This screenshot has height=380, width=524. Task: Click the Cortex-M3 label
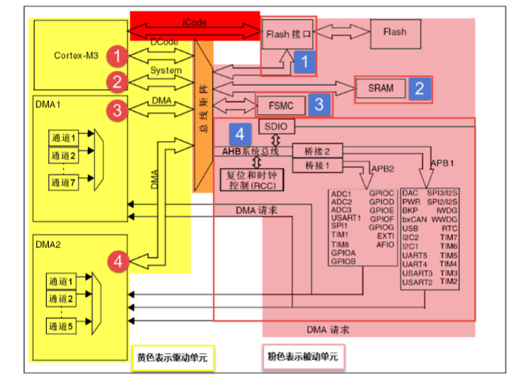point(77,55)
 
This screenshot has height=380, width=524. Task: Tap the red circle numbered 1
point(118,55)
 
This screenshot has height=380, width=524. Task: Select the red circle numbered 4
point(118,262)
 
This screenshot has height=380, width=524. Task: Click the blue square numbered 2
point(419,89)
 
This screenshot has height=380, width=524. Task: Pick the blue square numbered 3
point(319,105)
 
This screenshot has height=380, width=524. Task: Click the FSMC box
point(281,106)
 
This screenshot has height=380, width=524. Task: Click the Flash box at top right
point(394,32)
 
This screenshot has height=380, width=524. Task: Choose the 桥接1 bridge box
point(318,164)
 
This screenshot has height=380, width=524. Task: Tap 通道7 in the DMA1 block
point(63,181)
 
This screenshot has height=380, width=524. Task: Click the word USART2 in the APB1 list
point(417,282)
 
